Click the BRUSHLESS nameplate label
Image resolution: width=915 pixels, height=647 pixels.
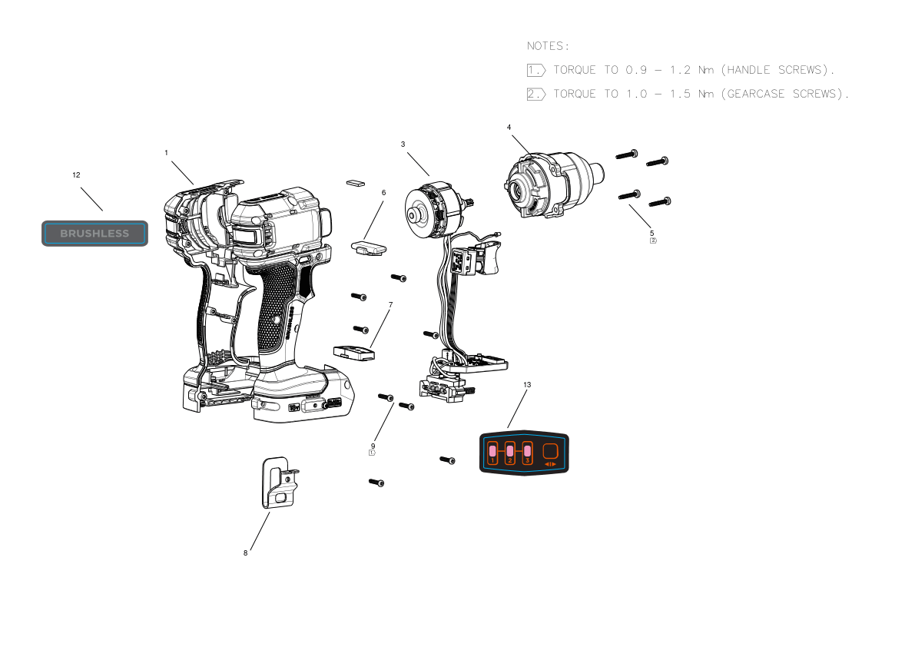pyautogui.click(x=94, y=234)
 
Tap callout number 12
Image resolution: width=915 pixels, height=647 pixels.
pyautogui.click(x=76, y=175)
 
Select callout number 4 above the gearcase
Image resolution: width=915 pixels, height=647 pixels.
pyautogui.click(x=509, y=128)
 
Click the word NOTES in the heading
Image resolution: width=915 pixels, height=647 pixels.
pyautogui.click(x=545, y=46)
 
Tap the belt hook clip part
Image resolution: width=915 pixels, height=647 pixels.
pyautogui.click(x=279, y=483)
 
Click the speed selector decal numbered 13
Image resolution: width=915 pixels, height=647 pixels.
pyautogui.click(x=524, y=453)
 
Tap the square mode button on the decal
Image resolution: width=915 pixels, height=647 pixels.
pyautogui.click(x=550, y=452)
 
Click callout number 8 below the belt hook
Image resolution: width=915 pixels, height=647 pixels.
pyautogui.click(x=246, y=553)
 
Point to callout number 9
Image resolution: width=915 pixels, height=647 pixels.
pyautogui.click(x=373, y=446)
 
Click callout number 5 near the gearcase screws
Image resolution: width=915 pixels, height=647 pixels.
pyautogui.click(x=651, y=234)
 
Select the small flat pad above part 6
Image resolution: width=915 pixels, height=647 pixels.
pyautogui.click(x=356, y=183)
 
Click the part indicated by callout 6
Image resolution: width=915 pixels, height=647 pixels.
pyautogui.click(x=368, y=247)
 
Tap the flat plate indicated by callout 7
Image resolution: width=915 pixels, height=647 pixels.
pyautogui.click(x=354, y=353)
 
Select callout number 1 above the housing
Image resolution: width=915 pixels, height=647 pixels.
pyautogui.click(x=166, y=153)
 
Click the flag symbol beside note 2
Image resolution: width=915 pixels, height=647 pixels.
pyautogui.click(x=535, y=94)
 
